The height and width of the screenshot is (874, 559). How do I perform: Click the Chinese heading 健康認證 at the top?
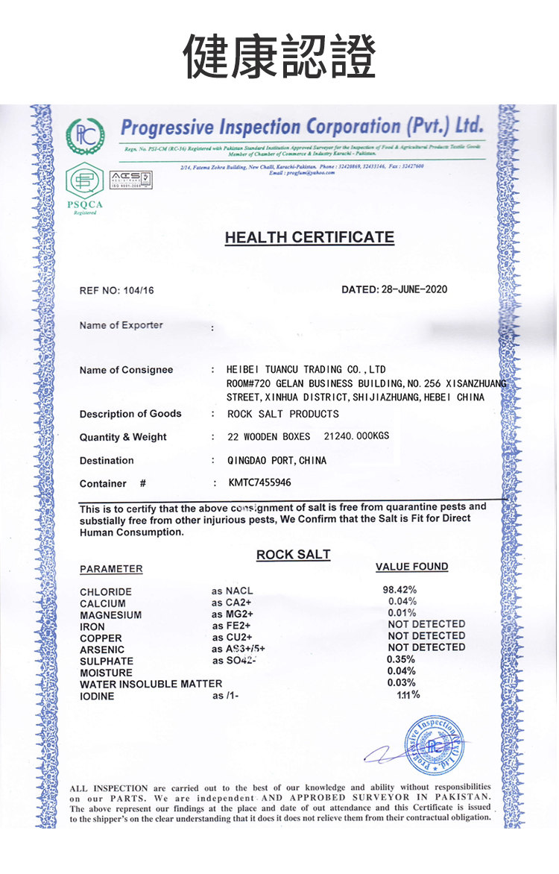click(x=279, y=57)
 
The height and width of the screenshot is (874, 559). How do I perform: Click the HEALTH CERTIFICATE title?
click(x=309, y=238)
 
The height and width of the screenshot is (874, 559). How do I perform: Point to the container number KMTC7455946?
click(x=259, y=482)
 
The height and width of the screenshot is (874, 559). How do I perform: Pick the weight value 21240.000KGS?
click(x=357, y=436)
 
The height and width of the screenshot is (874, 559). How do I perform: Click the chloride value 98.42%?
click(x=399, y=591)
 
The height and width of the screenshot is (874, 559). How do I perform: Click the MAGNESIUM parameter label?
click(x=110, y=615)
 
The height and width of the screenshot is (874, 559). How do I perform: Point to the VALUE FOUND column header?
click(x=411, y=567)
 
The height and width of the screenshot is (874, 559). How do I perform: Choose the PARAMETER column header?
click(x=111, y=569)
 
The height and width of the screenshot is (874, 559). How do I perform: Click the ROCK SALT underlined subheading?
click(x=293, y=555)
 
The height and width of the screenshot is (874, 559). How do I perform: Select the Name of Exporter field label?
click(x=121, y=325)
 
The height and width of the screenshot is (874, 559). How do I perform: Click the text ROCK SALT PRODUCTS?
click(x=282, y=414)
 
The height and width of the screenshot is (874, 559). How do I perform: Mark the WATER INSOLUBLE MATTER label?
click(x=151, y=684)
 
